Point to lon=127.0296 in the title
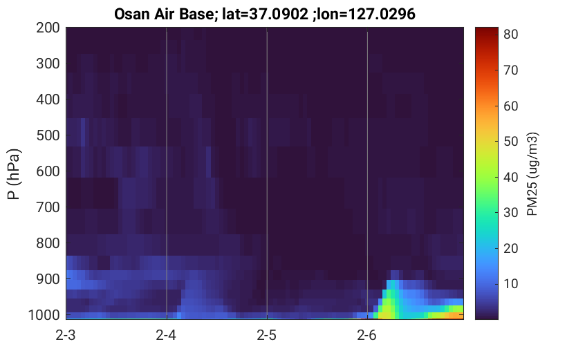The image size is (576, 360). (x=366, y=15)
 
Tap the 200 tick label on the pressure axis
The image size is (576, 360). (x=48, y=28)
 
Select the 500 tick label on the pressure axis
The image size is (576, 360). (x=48, y=135)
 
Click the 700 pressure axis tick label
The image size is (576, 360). (x=48, y=207)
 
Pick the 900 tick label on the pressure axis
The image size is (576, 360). (x=48, y=279)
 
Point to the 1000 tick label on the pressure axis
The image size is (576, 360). (x=44, y=315)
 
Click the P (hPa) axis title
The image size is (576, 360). (x=14, y=174)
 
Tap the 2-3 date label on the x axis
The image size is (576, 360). (x=66, y=335)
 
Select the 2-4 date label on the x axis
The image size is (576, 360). (x=166, y=335)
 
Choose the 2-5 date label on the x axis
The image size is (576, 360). (x=267, y=335)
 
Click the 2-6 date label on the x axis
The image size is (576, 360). (x=367, y=335)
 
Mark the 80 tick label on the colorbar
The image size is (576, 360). (x=510, y=34)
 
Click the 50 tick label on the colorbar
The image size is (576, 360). (x=510, y=141)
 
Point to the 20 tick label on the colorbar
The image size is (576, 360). (x=510, y=249)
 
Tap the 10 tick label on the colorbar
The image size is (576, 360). (x=510, y=284)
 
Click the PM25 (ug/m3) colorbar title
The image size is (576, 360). (x=532, y=174)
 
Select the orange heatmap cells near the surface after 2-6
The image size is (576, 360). (x=454, y=315)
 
